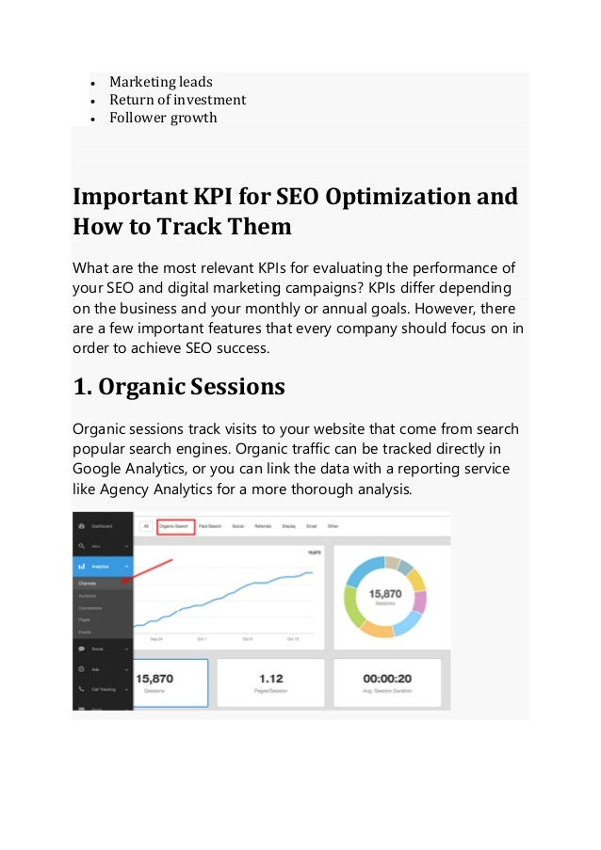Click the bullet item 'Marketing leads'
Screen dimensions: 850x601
pyautogui.click(x=160, y=82)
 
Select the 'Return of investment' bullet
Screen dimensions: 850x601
pyautogui.click(x=177, y=100)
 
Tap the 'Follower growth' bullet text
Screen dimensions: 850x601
pyautogui.click(x=162, y=118)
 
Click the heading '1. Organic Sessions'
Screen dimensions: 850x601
pyautogui.click(x=179, y=387)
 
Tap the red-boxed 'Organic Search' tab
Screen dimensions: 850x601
pyautogui.click(x=176, y=527)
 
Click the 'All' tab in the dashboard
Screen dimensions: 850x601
pyautogui.click(x=146, y=527)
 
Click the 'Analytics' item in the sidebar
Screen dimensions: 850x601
pyautogui.click(x=101, y=567)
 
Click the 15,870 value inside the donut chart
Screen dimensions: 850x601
pyautogui.click(x=386, y=595)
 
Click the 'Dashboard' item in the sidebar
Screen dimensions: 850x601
pyautogui.click(x=100, y=526)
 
